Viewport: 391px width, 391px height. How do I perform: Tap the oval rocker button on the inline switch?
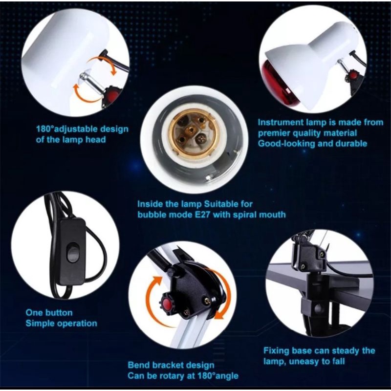[73, 252]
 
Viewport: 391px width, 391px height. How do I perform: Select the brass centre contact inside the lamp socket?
[191, 130]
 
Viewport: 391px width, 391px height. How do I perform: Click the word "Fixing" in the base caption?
[276, 351]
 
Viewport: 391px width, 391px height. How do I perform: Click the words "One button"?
[49, 313]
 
